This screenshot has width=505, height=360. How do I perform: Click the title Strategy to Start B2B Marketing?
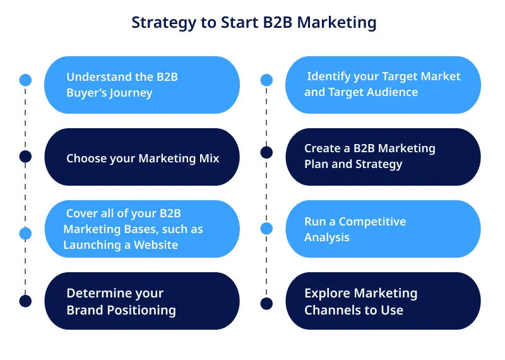pyautogui.click(x=254, y=23)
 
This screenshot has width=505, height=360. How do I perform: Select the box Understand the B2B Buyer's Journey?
pyautogui.click(x=141, y=85)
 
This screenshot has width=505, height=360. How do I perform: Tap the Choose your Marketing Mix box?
pyautogui.click(x=141, y=157)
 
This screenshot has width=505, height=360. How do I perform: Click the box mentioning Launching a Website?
pyautogui.click(x=141, y=229)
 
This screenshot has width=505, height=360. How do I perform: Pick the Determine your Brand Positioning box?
pyautogui.click(x=141, y=301)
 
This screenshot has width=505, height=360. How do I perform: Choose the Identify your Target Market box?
pyautogui.click(x=383, y=85)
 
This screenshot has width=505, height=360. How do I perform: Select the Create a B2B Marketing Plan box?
pyautogui.click(x=383, y=157)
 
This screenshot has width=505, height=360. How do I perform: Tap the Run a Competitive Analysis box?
pyautogui.click(x=383, y=229)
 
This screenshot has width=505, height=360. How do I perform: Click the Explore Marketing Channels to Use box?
pyautogui.click(x=383, y=301)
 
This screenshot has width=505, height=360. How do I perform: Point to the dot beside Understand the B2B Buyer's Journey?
pyautogui.click(x=25, y=80)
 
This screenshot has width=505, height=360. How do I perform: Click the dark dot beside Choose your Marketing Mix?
pyautogui.click(x=25, y=156)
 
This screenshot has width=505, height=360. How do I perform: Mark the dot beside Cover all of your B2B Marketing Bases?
pyautogui.click(x=25, y=233)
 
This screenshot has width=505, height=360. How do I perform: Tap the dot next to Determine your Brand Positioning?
pyautogui.click(x=25, y=301)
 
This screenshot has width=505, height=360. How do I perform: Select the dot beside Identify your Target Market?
pyautogui.click(x=266, y=80)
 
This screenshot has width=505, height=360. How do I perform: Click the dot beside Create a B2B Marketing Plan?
pyautogui.click(x=266, y=152)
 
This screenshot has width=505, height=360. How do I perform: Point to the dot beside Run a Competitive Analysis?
pyautogui.click(x=266, y=228)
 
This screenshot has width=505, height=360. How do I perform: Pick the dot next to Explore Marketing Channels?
pyautogui.click(x=266, y=304)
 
